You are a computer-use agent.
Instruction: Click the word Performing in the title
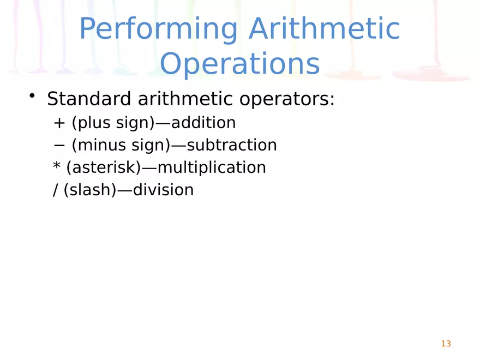click(x=159, y=30)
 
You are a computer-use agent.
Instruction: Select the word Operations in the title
click(x=240, y=64)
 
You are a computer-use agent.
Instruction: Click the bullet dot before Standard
click(x=33, y=96)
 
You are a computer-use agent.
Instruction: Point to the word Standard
click(x=89, y=99)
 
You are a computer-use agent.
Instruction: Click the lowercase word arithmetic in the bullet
click(x=186, y=99)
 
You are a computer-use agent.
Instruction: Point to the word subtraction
click(x=232, y=146)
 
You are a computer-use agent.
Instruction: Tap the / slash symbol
click(x=56, y=190)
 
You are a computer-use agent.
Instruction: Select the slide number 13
click(x=446, y=344)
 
